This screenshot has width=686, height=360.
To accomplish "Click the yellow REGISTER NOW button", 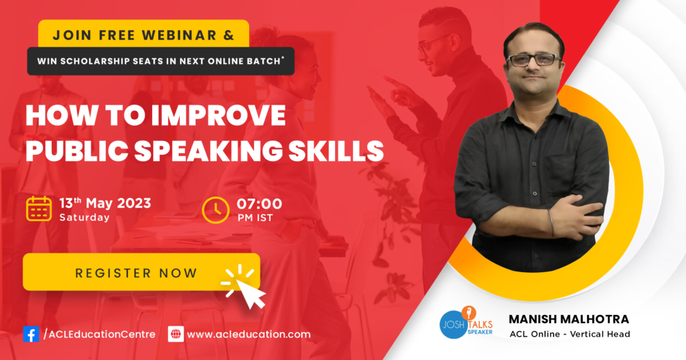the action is coord(141,272).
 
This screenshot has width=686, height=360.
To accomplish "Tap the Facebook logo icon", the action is coord(31,334).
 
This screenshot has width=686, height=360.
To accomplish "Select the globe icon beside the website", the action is coord(176,334).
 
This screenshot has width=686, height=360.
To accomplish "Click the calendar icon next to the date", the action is coord(39,209).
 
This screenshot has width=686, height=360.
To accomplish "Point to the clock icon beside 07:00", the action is coord(216,211).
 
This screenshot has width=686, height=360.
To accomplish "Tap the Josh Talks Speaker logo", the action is coord(466,322).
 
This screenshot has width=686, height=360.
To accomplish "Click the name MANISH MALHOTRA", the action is coord(569,319).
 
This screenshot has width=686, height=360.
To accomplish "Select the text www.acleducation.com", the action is coord(249,335).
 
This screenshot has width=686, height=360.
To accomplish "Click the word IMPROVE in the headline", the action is coord(218,115).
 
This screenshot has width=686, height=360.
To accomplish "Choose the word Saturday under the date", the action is coord(84,218).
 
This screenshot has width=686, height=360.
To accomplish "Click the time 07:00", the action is coord(259,204).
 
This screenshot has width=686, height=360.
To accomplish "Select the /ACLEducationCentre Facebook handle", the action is coord(99,335).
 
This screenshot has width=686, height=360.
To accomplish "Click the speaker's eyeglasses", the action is coord(533,60).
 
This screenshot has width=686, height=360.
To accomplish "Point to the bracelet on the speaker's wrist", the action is coord(552,223).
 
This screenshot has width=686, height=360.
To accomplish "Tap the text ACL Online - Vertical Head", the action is coord(569,334).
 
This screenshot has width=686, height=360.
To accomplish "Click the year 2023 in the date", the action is coord(134,203).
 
